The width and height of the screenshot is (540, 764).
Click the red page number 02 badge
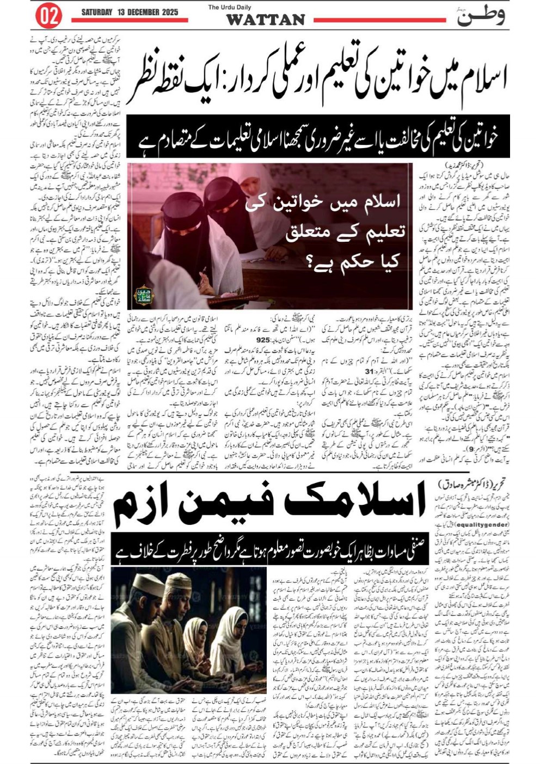pyautogui.click(x=48, y=16)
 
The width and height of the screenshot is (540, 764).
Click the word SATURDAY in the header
pyautogui.click(x=97, y=12)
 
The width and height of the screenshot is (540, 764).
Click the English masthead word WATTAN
pyautogui.click(x=265, y=20)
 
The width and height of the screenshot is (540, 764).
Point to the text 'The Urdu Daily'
pyautogui.click(x=229, y=7)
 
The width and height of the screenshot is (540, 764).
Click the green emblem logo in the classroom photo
pyautogui.click(x=144, y=295)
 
